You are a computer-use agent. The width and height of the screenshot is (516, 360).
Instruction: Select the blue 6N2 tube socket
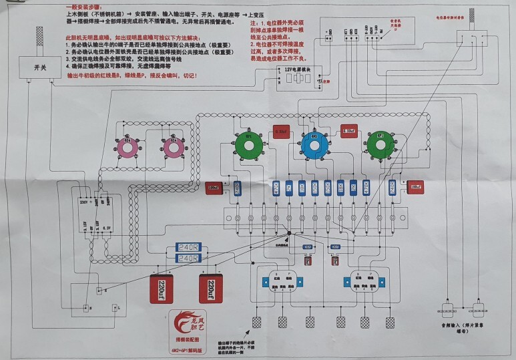coord(314,144)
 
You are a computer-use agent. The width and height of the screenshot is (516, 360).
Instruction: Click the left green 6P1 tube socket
coord(248,143)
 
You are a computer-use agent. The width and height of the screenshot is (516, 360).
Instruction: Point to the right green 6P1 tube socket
coord(379,144)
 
